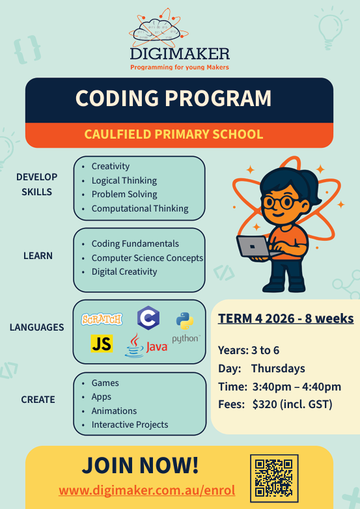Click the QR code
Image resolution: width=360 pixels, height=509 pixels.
(x=274, y=478)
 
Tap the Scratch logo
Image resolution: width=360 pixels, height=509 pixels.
(x=102, y=319)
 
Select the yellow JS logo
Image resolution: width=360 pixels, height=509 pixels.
(x=102, y=344)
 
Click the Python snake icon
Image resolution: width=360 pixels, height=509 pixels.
(x=185, y=321)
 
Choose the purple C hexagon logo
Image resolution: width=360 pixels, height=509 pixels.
(x=148, y=318)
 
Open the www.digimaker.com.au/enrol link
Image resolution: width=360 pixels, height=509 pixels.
(x=146, y=490)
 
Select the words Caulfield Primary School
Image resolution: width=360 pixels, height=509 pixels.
(x=174, y=134)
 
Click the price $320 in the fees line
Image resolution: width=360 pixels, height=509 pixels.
(x=264, y=404)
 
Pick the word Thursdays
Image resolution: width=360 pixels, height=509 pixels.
(x=278, y=368)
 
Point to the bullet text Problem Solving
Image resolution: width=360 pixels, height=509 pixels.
(x=124, y=194)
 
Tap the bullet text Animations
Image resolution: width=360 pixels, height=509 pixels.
(x=114, y=411)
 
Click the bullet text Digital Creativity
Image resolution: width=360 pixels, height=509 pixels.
(x=124, y=271)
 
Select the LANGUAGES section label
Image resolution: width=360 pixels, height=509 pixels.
(x=36, y=327)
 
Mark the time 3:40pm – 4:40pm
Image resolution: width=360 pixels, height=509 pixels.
(x=297, y=387)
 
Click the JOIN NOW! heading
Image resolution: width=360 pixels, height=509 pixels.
(x=140, y=465)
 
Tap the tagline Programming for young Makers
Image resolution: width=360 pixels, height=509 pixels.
(x=180, y=68)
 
